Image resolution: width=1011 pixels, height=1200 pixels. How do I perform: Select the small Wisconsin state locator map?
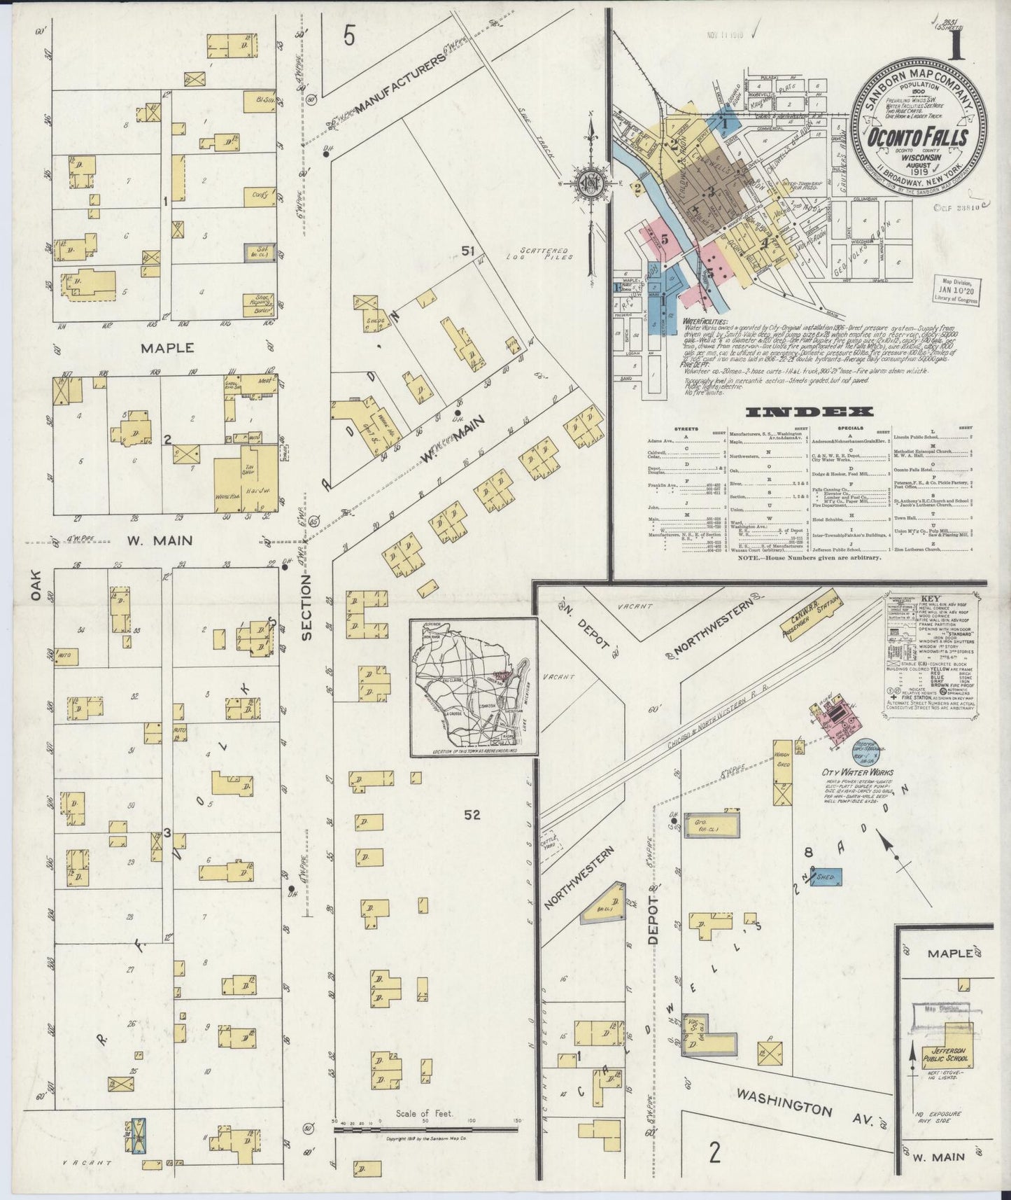474,688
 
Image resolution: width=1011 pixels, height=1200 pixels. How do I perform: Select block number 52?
473,814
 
